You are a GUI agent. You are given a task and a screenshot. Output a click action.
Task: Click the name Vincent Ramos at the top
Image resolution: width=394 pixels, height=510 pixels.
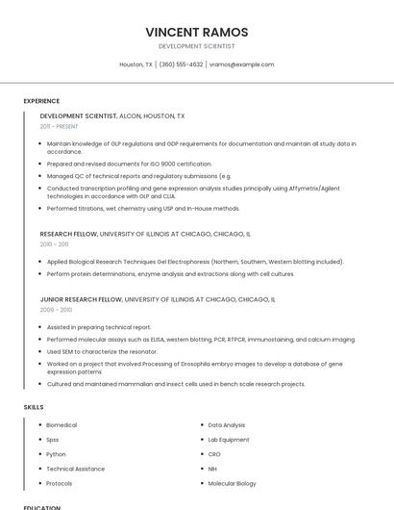[196, 32]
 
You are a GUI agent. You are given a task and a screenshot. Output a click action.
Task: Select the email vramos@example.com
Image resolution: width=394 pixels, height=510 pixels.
[241, 64]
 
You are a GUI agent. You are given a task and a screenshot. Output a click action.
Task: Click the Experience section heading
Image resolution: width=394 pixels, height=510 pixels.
[41, 101]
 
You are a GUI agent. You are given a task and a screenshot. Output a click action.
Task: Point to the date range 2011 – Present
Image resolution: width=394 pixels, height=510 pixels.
[59, 126]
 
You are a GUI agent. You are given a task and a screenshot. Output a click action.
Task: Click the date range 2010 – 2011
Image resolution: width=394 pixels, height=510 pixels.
[55, 244]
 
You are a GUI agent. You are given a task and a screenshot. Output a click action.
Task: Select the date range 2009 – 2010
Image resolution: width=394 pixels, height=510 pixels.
[56, 310]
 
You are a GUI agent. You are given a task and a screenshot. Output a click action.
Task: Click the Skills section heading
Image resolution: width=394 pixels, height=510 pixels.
[34, 407]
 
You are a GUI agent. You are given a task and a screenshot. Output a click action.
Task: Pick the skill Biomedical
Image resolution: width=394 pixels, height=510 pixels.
[62, 425]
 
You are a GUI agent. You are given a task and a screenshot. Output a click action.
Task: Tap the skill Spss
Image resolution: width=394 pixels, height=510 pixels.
[53, 440]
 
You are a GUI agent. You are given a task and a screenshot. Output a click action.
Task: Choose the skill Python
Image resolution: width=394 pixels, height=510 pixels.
[56, 454]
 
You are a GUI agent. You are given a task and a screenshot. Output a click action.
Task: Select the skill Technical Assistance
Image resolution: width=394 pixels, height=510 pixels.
[76, 469]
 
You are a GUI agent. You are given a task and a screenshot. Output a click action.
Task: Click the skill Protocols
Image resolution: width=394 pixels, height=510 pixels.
[60, 483]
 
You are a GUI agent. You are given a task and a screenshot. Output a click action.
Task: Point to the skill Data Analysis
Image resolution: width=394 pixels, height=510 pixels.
[227, 425]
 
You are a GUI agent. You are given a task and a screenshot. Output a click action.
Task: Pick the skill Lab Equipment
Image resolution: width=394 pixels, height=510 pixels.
[229, 440]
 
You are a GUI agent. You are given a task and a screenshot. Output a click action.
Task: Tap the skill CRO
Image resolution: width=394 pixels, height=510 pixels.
[214, 454]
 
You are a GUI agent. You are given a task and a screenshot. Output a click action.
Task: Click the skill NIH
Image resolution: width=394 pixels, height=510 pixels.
[213, 469]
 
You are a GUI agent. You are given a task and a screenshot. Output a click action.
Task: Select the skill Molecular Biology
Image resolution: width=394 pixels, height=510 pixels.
[233, 483]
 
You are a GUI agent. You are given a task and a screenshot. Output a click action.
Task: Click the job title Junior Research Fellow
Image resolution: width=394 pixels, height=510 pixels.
[81, 299]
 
